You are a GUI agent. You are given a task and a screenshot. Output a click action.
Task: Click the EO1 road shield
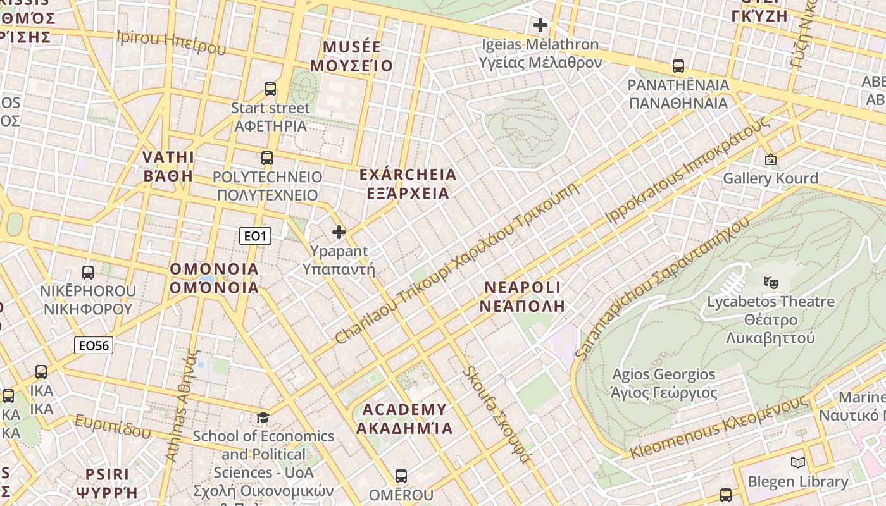click(x=256, y=237)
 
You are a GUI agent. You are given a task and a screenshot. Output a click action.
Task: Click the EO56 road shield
click(x=93, y=345)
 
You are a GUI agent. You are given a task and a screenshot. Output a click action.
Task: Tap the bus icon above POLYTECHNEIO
click(x=267, y=158)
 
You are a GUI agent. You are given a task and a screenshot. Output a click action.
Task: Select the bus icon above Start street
click(x=270, y=89)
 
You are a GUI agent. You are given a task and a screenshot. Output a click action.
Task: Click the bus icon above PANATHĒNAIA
click(x=678, y=66)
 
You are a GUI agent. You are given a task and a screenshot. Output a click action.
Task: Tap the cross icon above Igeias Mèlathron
click(x=540, y=25)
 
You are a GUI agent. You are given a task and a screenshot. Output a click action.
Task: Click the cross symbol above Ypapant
click(x=339, y=232)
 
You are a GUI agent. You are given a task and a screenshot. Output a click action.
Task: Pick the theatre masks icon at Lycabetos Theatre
click(x=770, y=282)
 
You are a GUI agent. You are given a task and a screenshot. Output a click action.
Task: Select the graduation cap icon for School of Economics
click(x=263, y=417)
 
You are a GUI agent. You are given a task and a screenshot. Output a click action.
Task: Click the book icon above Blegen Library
click(x=798, y=463)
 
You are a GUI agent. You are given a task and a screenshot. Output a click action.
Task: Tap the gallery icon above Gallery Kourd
click(x=770, y=159)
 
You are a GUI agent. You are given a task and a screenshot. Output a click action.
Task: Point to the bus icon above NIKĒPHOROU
click(x=88, y=273)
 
